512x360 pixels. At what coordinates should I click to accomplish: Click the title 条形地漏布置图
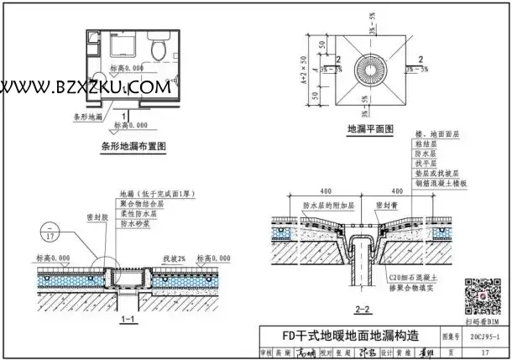tap(133, 146)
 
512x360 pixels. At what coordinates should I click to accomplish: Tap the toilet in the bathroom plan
tap(158, 48)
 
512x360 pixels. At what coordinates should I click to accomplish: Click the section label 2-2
tap(363, 310)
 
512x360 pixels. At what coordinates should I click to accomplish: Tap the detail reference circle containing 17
tap(49, 233)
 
